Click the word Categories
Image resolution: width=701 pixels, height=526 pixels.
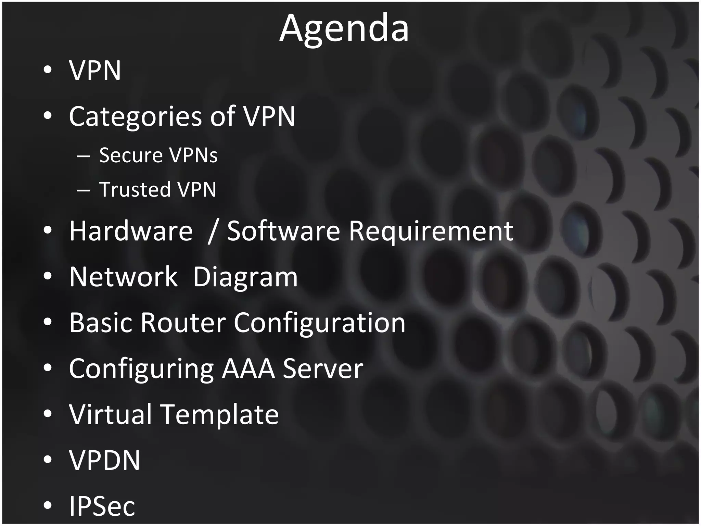[x=135, y=116]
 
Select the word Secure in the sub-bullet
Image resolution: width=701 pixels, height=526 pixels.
[x=130, y=155]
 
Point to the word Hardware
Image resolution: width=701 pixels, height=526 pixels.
[x=131, y=231]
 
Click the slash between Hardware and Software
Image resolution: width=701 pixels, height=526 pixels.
[x=212, y=231]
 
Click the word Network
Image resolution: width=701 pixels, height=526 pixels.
[x=123, y=277]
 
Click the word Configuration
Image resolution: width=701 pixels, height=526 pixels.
[x=319, y=323]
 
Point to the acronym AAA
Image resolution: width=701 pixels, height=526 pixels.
[x=248, y=368]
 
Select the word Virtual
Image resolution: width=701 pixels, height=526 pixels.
[x=110, y=414]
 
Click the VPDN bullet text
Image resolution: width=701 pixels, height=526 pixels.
[x=105, y=460]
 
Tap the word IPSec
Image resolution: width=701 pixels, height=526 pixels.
[x=102, y=506]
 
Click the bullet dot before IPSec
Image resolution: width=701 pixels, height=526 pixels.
[x=48, y=505]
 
